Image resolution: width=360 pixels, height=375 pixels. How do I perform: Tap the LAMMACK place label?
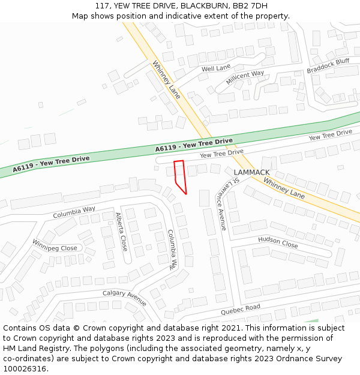(x=251, y=172)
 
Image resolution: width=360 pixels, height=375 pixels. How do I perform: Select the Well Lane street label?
(x=216, y=69)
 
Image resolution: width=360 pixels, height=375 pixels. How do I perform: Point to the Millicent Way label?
(x=245, y=77)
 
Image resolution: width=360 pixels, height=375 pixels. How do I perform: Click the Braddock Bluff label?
(x=328, y=66)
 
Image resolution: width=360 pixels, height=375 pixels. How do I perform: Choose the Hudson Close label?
(x=278, y=242)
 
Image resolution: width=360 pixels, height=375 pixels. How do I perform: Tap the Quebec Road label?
(x=240, y=310)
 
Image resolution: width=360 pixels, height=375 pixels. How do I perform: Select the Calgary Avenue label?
(x=124, y=297)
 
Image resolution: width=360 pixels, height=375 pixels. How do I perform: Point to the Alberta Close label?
(x=121, y=232)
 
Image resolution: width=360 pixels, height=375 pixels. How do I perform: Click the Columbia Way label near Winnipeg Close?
(x=74, y=212)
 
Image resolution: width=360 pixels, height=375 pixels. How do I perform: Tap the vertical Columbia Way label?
(x=173, y=248)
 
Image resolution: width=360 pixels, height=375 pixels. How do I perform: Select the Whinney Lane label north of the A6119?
(x=166, y=80)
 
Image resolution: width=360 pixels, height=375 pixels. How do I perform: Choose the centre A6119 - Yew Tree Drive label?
(x=194, y=145)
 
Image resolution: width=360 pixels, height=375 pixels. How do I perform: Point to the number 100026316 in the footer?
(x=25, y=369)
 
